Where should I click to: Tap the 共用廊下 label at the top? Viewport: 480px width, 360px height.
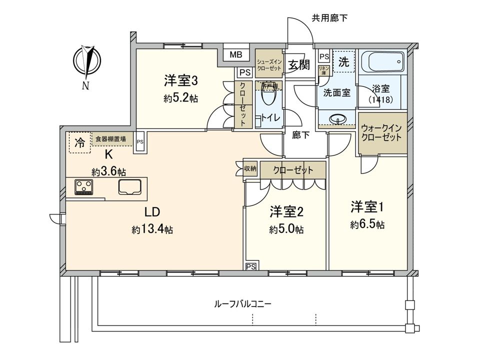(329, 18)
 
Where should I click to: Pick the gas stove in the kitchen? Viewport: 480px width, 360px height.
(84, 186)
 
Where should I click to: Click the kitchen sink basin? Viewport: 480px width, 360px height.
(130, 187)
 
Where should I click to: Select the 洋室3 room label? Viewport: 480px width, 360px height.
(180, 80)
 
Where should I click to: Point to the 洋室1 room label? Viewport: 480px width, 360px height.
(367, 206)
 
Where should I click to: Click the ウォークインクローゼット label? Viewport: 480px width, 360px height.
(382, 132)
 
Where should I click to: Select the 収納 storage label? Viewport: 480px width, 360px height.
(250, 169)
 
